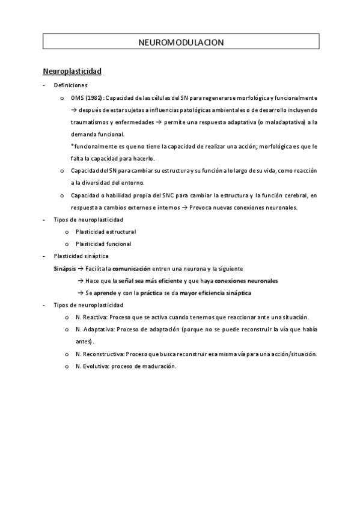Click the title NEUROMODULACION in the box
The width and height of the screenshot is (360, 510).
pos(180,43)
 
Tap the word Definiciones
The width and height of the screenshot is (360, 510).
pos(70,85)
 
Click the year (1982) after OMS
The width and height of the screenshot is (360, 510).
pos(94,97)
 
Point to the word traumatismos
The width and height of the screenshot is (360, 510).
pos(89,121)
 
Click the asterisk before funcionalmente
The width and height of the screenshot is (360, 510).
pos(72,146)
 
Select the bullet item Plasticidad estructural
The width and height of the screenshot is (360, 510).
pos(106,232)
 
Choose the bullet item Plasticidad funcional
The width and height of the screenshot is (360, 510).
pos(103,244)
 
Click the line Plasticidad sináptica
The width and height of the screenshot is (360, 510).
pos(81,256)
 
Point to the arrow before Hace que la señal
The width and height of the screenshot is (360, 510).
pos(81,281)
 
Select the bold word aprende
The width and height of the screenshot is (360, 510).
pos(105,293)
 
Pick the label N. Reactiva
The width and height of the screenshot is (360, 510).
pos(91,317)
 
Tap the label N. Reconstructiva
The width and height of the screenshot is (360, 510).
pos(100,354)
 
